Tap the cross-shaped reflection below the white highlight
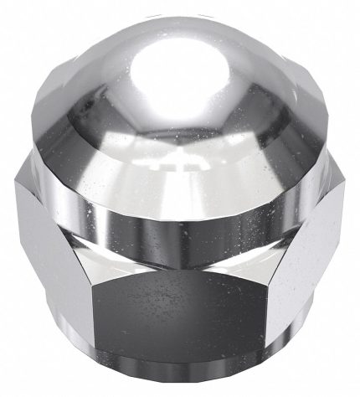point(179,172)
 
